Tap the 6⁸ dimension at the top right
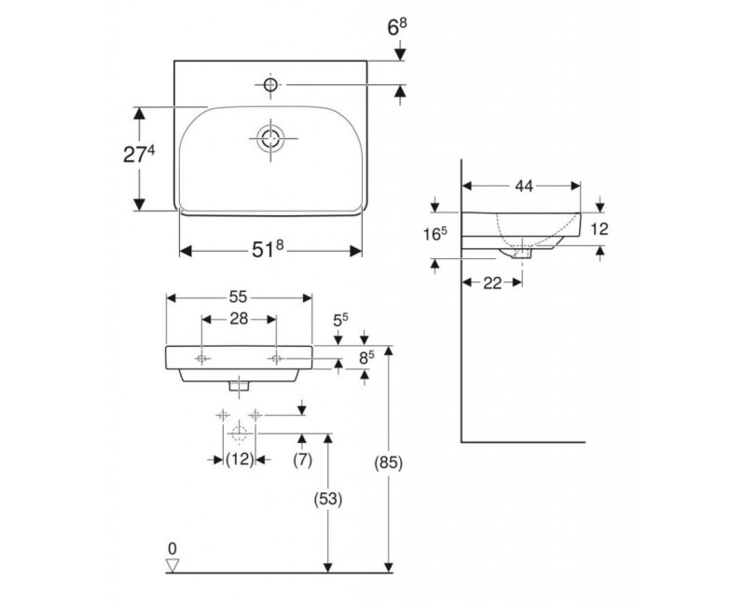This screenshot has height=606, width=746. point(397,30)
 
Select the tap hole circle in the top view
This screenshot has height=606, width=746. point(270,86)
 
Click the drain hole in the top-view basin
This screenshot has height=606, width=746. point(270,139)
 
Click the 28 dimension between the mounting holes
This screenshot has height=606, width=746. point(238,320)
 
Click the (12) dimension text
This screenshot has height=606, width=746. point(241,459)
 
